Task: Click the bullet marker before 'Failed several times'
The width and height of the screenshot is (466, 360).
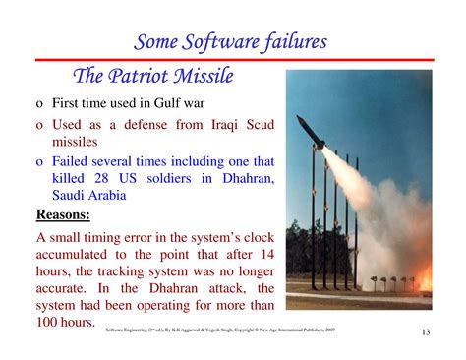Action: point(39,160)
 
